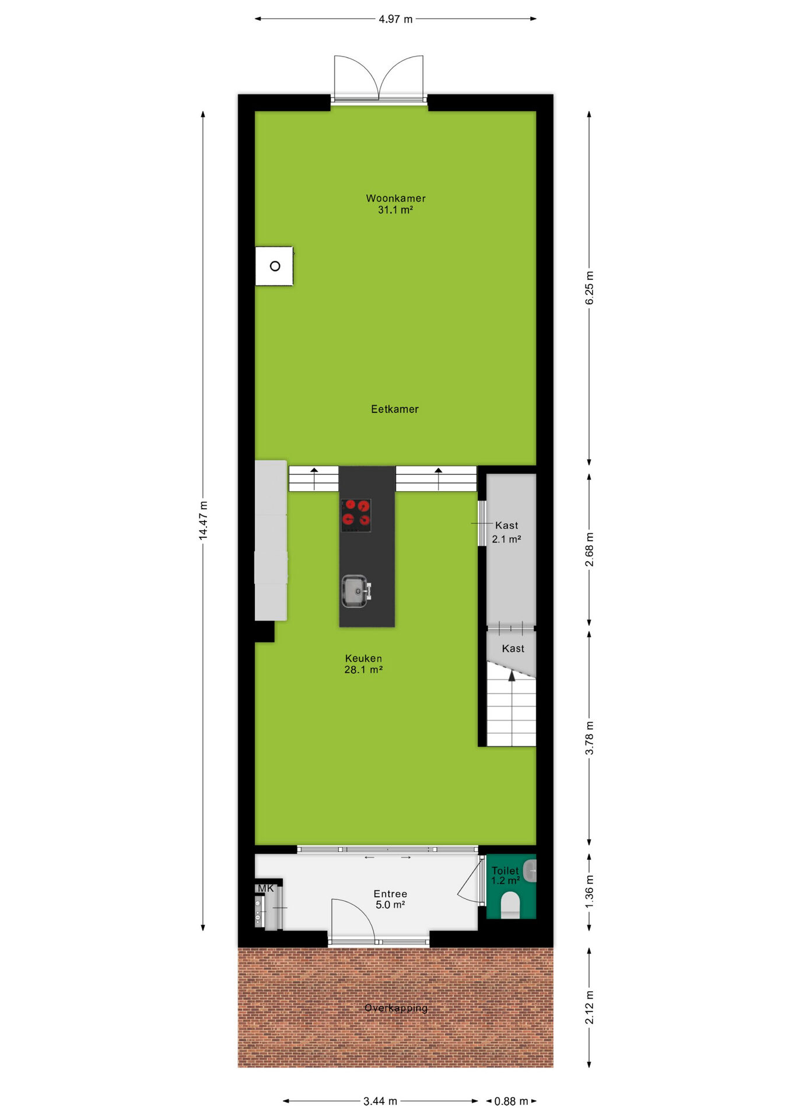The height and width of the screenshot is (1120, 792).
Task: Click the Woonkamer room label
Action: (395, 198)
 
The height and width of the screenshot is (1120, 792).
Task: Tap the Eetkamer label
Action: (395, 409)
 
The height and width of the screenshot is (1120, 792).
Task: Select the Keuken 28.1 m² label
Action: (363, 664)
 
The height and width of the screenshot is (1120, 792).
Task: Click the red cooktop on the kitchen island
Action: (356, 515)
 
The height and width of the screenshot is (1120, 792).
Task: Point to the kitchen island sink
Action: (355, 591)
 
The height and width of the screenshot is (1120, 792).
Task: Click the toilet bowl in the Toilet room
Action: (510, 905)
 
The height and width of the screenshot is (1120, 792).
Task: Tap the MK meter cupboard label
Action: (265, 888)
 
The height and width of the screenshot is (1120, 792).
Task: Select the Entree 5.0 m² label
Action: (390, 899)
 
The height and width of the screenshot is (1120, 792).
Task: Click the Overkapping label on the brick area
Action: (396, 1008)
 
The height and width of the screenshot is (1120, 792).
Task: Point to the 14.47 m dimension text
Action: (203, 520)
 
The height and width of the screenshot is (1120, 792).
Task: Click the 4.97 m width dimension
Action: (395, 19)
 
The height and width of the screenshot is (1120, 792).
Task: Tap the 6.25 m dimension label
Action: (590, 288)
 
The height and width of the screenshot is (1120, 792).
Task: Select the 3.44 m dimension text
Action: (380, 1101)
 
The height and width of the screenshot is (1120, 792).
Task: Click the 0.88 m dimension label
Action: (511, 1101)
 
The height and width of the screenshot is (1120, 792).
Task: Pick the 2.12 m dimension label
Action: (590, 1007)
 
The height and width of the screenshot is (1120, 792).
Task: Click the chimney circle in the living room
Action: (275, 266)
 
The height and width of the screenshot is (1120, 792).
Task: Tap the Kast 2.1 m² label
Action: (506, 532)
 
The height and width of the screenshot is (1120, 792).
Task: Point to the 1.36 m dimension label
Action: (590, 891)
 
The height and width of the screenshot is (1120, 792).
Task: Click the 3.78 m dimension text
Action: (590, 738)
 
